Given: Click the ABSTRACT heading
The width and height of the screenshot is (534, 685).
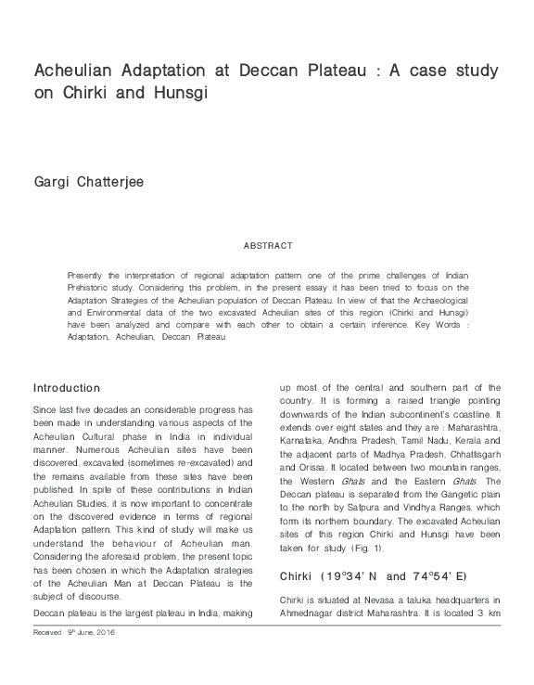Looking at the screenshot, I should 267,246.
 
